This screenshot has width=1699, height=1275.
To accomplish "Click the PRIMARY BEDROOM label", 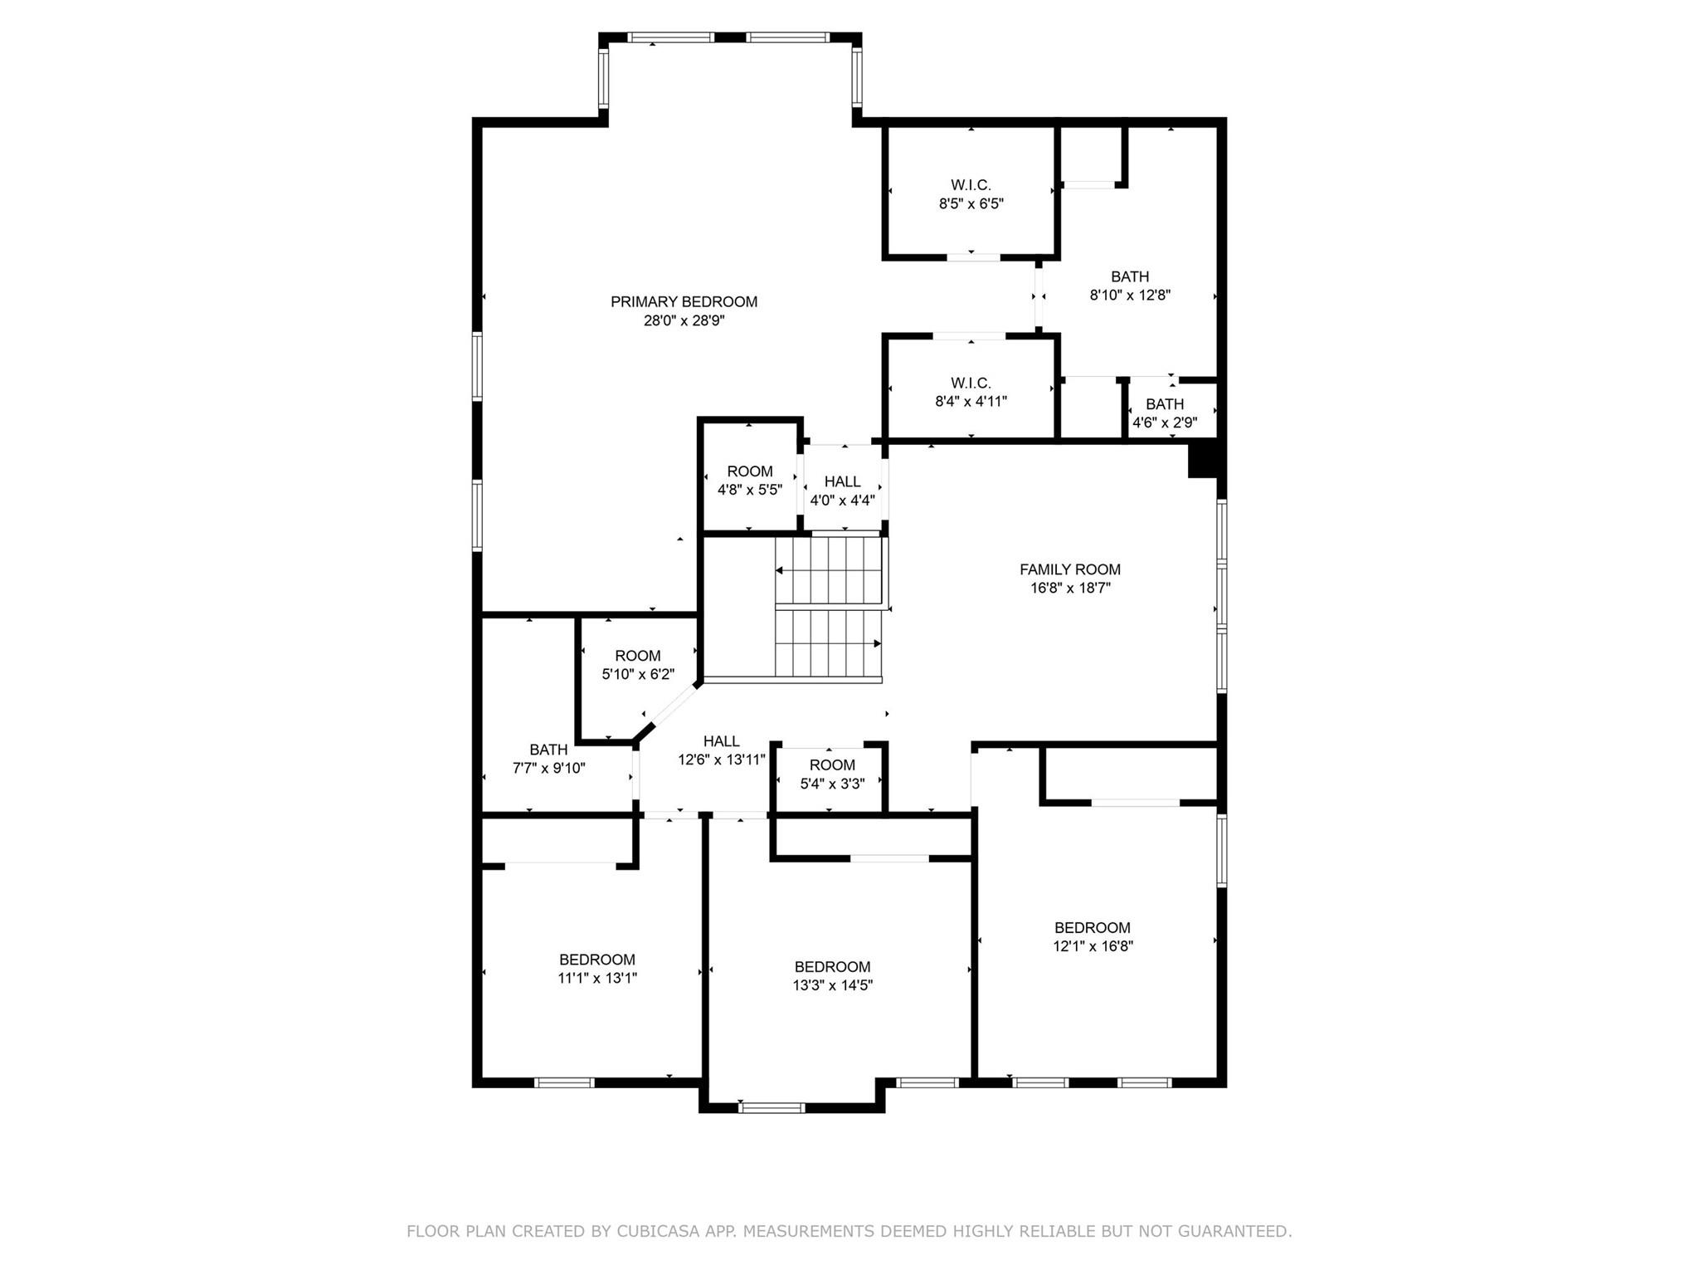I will (684, 302).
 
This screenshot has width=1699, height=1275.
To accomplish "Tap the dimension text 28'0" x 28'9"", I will (684, 321).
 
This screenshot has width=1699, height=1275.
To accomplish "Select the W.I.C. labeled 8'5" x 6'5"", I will (971, 194).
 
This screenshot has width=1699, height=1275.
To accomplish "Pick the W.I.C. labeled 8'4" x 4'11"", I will (971, 392).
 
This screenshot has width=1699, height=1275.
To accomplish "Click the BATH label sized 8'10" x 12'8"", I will (1130, 286).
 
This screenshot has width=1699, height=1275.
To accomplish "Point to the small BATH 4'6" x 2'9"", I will (1165, 413).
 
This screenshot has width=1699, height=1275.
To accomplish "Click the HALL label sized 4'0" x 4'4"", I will (842, 491).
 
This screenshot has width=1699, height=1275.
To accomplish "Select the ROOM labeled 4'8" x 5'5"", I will (749, 481).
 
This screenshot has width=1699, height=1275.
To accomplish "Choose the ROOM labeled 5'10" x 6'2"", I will (637, 665).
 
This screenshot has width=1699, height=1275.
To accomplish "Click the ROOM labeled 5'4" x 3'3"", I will (832, 774).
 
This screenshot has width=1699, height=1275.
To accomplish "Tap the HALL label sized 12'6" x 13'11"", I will (721, 750).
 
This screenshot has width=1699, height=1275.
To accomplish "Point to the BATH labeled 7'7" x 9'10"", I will (548, 759).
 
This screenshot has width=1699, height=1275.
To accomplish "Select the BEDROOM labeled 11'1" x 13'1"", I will (596, 969).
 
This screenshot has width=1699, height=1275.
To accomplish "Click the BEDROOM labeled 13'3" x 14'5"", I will (832, 975).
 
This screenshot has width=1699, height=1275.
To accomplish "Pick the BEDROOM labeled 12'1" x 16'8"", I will (1093, 936).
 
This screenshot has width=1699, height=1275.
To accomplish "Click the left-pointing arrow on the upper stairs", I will (780, 570).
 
